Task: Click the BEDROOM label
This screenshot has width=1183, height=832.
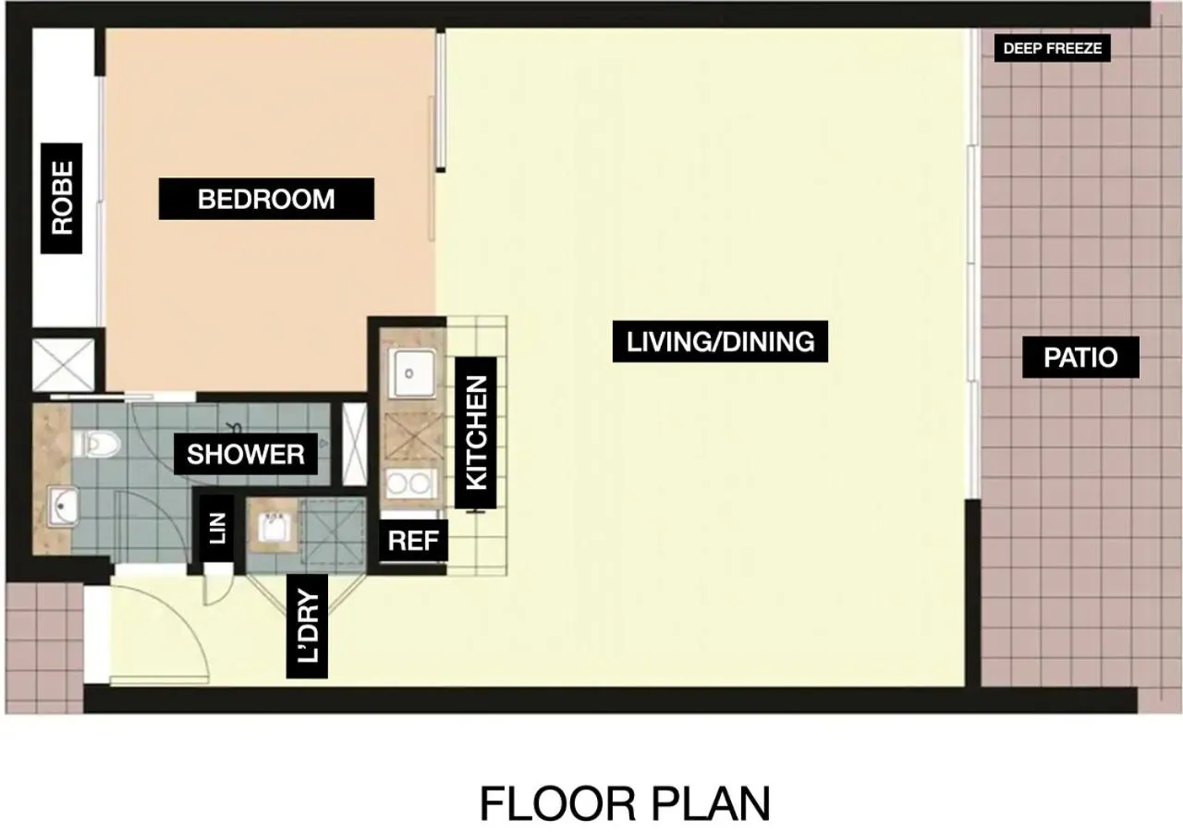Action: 266,199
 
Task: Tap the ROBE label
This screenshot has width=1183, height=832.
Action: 62,198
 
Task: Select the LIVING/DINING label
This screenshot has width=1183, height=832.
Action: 720,342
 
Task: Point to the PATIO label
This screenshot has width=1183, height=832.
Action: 1080,358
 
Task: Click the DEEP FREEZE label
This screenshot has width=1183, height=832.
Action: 1052,48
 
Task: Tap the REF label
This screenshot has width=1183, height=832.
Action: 413,541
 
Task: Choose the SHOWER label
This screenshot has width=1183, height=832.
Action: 246,454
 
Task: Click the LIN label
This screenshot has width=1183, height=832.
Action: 217,530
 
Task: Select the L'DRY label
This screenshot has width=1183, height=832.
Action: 308,626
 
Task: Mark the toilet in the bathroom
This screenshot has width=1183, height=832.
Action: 101,445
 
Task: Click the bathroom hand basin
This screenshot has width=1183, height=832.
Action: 63,506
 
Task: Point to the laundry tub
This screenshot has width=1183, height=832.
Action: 273,527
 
